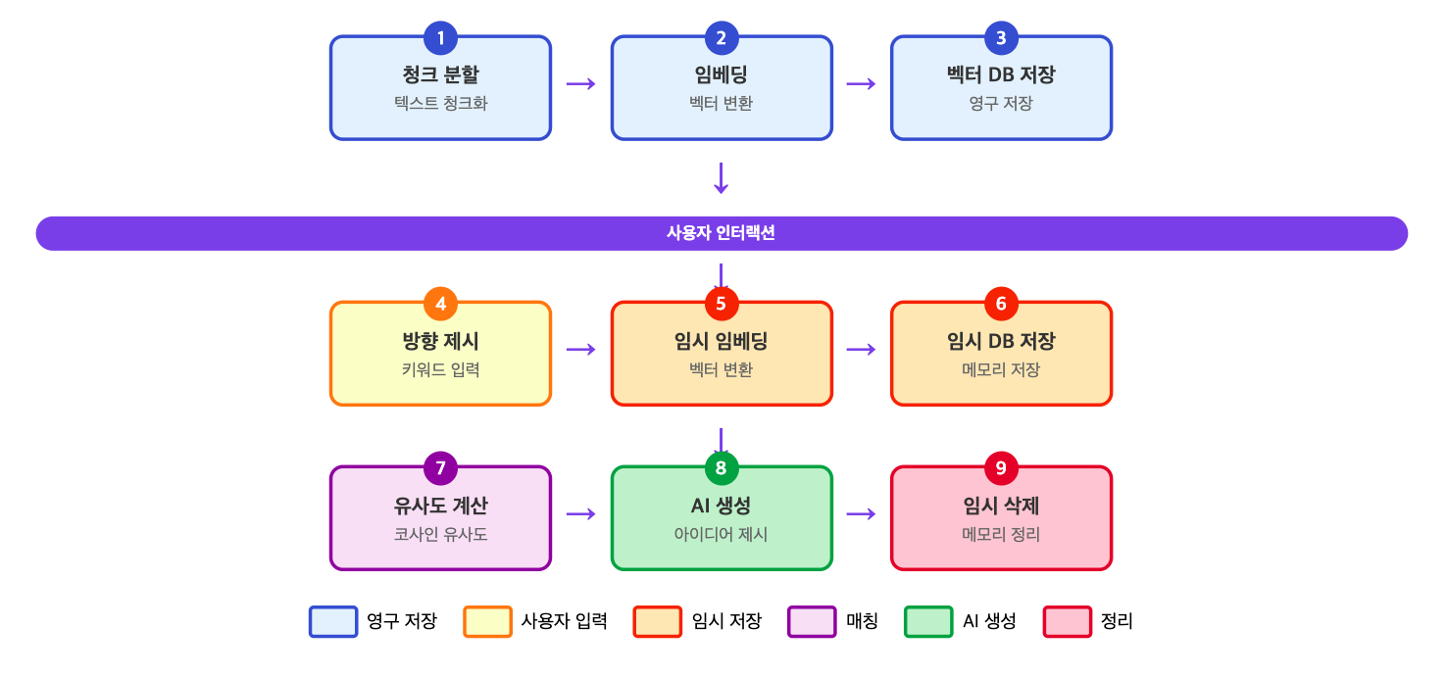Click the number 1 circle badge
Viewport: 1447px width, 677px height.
point(440,38)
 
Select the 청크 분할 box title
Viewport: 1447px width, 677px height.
point(440,75)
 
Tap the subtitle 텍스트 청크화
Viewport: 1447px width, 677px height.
point(440,103)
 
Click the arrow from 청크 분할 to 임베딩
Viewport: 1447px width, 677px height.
point(581,83)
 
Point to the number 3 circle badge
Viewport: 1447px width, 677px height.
point(1001,38)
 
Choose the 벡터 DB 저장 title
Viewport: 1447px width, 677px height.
point(1001,75)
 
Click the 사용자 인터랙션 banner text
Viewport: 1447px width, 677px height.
point(721,233)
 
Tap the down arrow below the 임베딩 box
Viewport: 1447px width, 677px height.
point(722,177)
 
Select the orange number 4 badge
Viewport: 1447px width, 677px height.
point(440,304)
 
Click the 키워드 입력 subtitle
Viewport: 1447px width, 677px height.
point(440,369)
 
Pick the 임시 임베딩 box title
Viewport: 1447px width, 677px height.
point(721,341)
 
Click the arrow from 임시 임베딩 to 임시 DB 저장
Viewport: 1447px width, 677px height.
point(861,349)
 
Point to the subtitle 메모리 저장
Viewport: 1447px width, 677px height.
point(1001,369)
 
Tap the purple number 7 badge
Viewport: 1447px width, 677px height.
point(440,468)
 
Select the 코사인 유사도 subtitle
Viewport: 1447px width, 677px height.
point(440,534)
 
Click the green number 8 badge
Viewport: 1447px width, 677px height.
point(721,468)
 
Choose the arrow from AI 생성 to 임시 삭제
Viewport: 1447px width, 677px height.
point(861,513)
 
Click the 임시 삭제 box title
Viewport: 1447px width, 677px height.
point(1001,506)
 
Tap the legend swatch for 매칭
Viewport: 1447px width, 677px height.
point(812,622)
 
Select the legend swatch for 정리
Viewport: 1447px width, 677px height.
point(1068,622)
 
